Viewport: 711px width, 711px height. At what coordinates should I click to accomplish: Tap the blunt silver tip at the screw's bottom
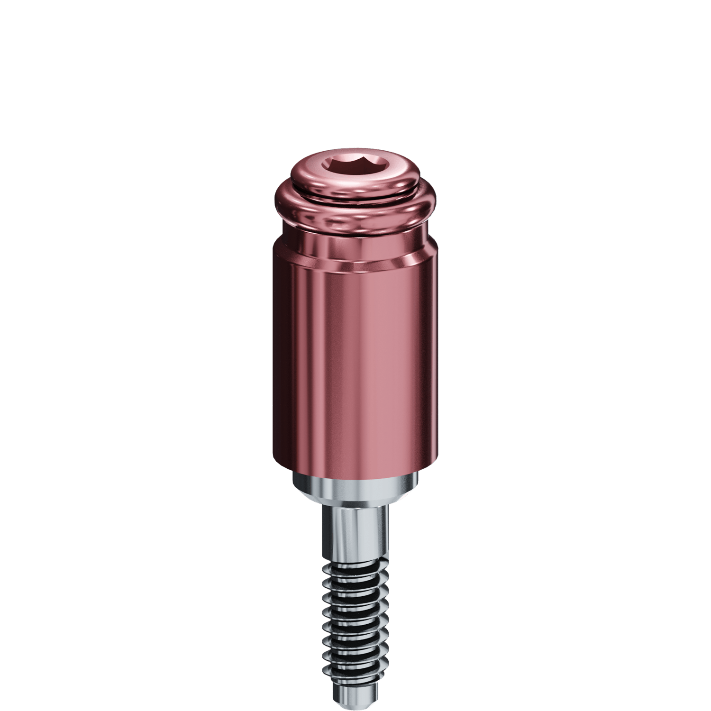(355, 694)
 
